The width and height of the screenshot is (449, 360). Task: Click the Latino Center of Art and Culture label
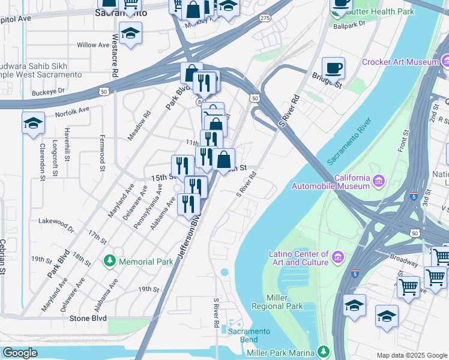[298, 258]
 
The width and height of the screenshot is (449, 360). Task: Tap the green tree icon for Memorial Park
[110, 261]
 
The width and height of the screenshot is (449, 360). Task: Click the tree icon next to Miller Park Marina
[324, 351]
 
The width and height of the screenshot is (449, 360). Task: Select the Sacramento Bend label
[249, 335]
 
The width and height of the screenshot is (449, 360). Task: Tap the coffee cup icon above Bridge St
[333, 68]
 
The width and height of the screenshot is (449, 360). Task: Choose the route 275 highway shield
[265, 19]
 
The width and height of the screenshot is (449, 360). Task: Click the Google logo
[20, 353]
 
